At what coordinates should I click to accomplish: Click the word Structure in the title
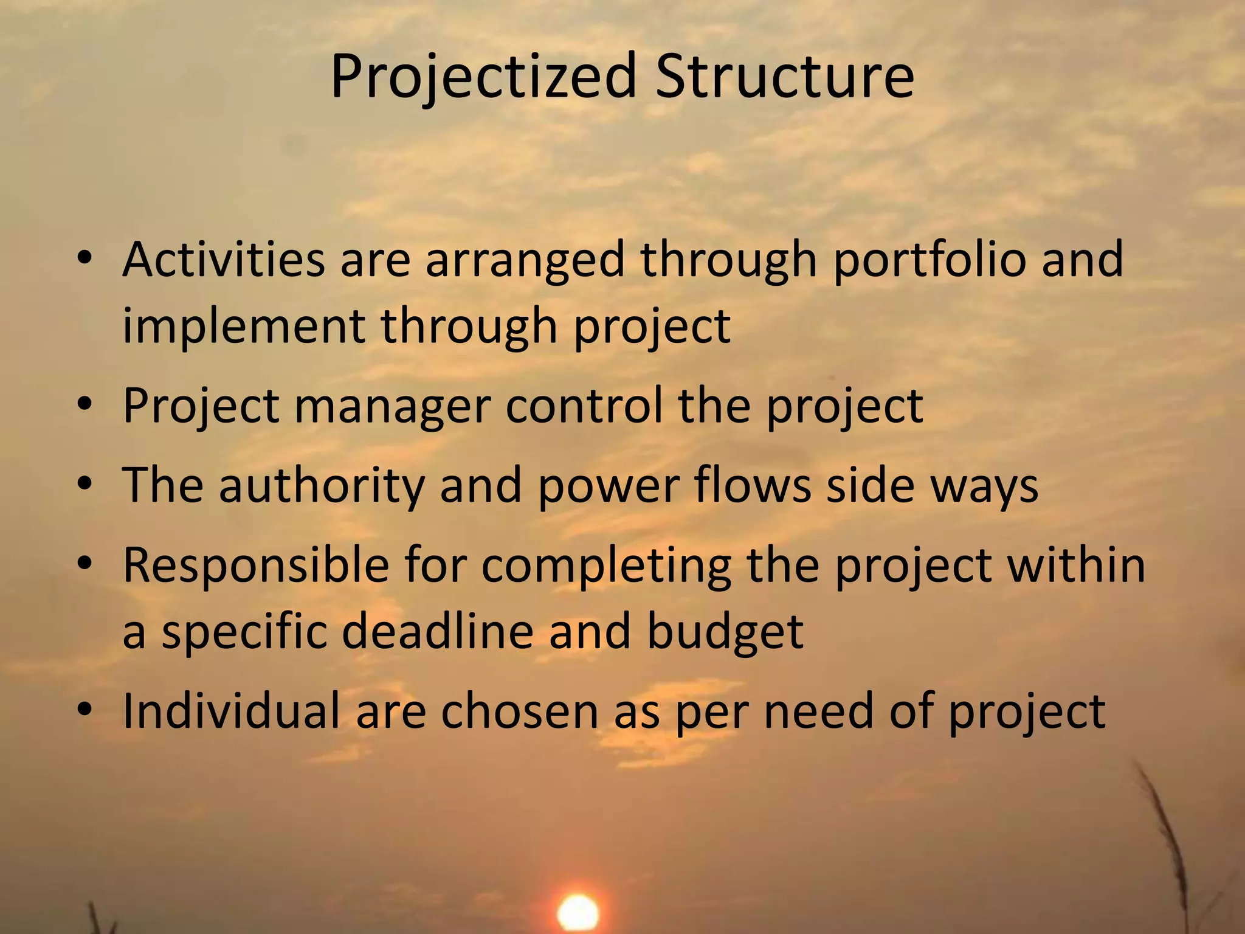pyautogui.click(x=784, y=77)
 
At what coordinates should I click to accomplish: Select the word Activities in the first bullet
pyautogui.click(x=224, y=260)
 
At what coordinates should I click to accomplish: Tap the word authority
pyautogui.click(x=322, y=486)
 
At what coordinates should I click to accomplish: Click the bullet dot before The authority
pyautogui.click(x=84, y=484)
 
